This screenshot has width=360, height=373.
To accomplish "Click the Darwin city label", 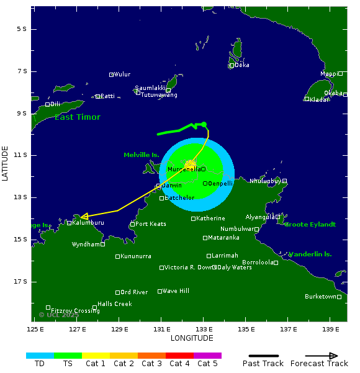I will click(x=172, y=186).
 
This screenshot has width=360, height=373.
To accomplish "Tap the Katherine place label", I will click(x=210, y=218).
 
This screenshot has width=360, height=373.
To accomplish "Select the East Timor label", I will click(x=77, y=117).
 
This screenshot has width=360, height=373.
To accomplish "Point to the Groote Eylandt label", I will click(x=310, y=224).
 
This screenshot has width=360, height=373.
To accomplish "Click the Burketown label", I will click(x=320, y=297).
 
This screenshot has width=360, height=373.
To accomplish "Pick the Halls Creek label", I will click(x=115, y=304).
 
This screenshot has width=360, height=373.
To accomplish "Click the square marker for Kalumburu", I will click(x=69, y=223).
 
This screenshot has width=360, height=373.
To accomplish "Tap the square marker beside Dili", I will click(x=47, y=104).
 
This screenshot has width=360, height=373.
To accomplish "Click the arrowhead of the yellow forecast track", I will click(x=83, y=217).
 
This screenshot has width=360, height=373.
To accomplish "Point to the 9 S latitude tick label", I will click(x=21, y=113).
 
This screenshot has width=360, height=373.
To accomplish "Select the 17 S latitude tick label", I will click(x=21, y=282).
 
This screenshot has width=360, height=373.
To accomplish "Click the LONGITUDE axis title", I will click(x=192, y=338).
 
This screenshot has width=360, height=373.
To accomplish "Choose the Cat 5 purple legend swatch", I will click(x=207, y=356).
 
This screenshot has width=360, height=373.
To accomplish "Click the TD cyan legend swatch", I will click(x=40, y=356).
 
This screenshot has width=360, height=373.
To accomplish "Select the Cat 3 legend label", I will click(x=151, y=364).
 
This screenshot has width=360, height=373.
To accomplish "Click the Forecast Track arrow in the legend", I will click(x=322, y=356).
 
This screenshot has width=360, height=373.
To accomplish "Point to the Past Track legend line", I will click(x=263, y=356).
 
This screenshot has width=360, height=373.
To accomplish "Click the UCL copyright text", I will click(x=59, y=315).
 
